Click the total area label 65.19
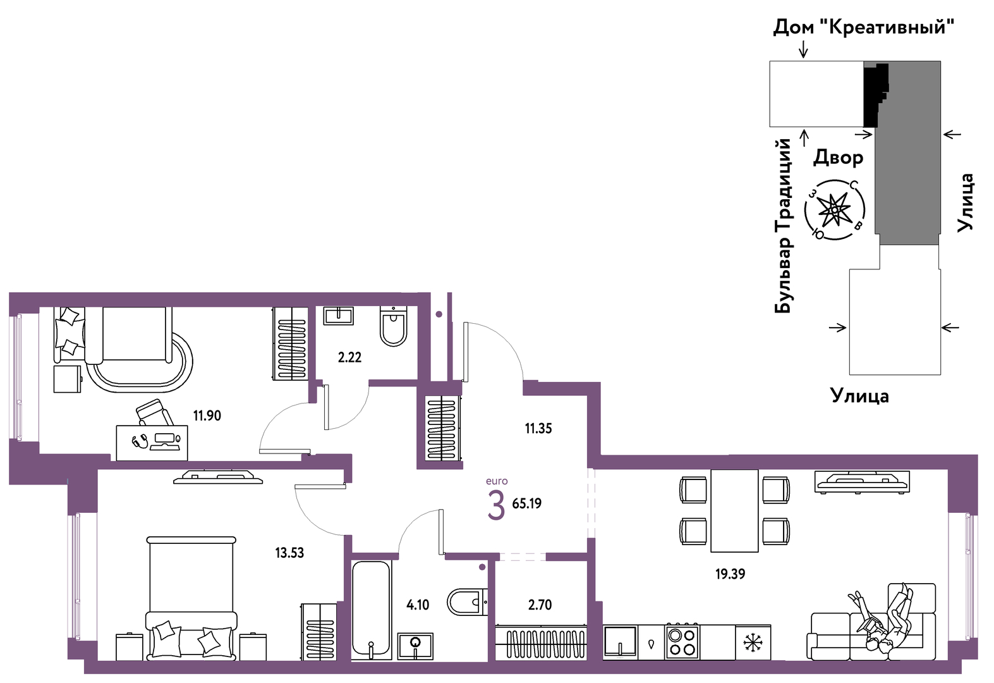click(527, 503)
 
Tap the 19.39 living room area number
click(730, 574)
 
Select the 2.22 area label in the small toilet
click(349, 357)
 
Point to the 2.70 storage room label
click(540, 605)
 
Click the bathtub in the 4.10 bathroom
click(372, 610)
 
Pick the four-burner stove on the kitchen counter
click(682, 642)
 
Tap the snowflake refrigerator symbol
click(753, 643)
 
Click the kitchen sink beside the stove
click(621, 642)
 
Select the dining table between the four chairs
click(734, 511)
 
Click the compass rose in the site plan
click(835, 209)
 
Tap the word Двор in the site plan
click(839, 157)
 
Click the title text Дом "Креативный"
click(864, 28)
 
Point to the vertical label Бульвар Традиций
click(783, 226)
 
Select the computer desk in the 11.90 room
click(152, 443)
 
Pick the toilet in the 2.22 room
click(394, 326)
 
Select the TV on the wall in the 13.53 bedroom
click(218, 477)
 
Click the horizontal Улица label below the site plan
click(859, 396)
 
